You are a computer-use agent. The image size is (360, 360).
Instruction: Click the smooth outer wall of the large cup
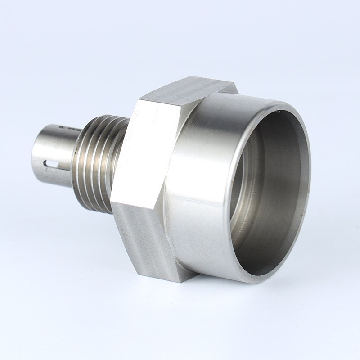coord(198,180)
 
